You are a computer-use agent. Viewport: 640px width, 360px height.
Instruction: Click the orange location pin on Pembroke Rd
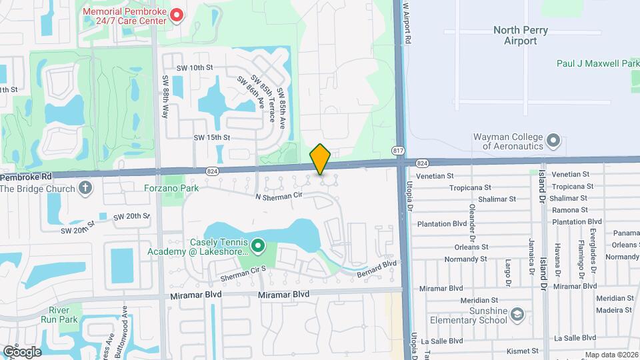321,159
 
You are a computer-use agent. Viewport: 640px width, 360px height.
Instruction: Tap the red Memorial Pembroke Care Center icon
176,15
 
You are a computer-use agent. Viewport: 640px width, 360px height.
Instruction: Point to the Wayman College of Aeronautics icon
553,141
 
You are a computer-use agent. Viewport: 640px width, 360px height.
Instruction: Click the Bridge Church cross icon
85,188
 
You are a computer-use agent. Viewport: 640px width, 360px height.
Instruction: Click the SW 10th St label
195,68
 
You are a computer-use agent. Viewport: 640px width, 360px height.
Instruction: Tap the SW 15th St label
211,137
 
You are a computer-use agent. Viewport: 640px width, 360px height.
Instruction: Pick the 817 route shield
398,150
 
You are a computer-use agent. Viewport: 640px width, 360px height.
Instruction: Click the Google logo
23,351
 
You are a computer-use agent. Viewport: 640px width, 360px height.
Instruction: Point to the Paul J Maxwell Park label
598,63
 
